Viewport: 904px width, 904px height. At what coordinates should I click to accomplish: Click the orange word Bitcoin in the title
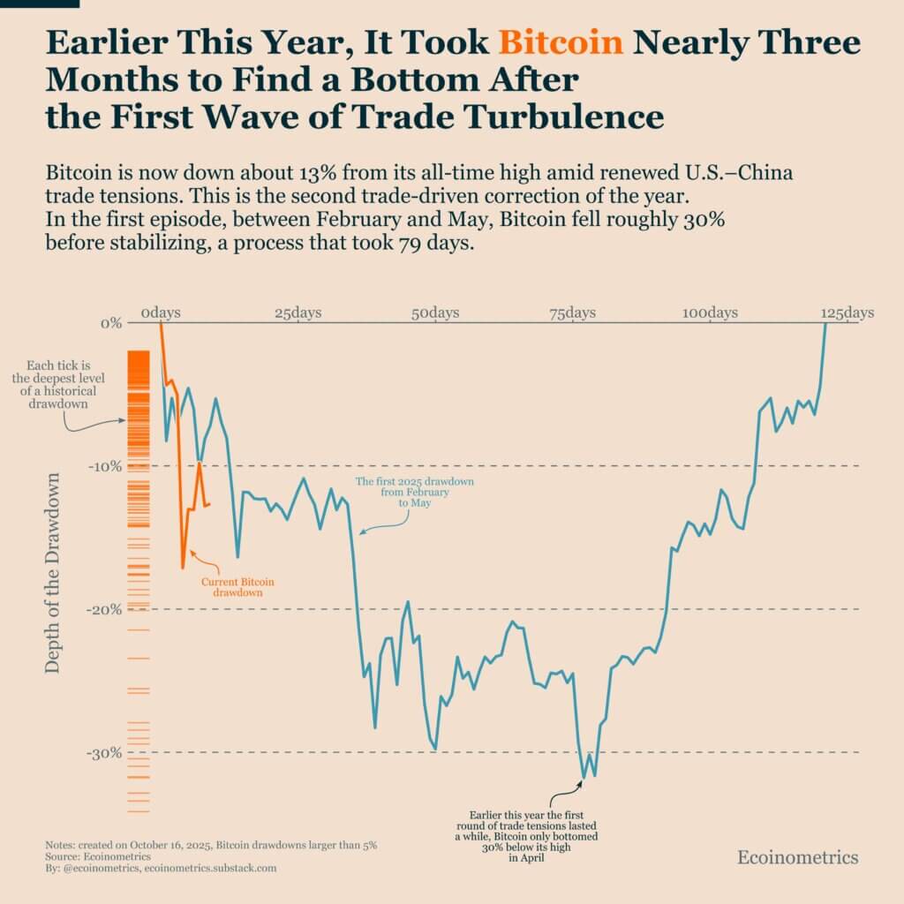click(x=561, y=42)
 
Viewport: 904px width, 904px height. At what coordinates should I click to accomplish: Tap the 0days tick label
click(x=160, y=313)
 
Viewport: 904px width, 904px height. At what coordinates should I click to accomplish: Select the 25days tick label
click(x=298, y=313)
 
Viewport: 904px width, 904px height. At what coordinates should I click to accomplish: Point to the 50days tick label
click(x=434, y=313)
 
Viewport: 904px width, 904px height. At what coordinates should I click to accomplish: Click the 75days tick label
click(x=571, y=313)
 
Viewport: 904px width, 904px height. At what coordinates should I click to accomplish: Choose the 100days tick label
click(x=710, y=313)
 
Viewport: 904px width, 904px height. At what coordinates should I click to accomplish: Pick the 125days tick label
click(x=847, y=313)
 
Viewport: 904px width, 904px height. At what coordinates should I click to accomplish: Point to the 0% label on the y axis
click(x=111, y=323)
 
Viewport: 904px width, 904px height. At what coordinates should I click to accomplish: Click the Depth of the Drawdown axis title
click(x=53, y=574)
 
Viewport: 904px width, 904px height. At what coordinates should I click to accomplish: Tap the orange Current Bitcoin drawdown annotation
click(x=237, y=588)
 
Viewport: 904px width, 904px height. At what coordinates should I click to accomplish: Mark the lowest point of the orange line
click(x=183, y=568)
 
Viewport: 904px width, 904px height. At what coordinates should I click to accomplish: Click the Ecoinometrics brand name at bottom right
click(x=797, y=857)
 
